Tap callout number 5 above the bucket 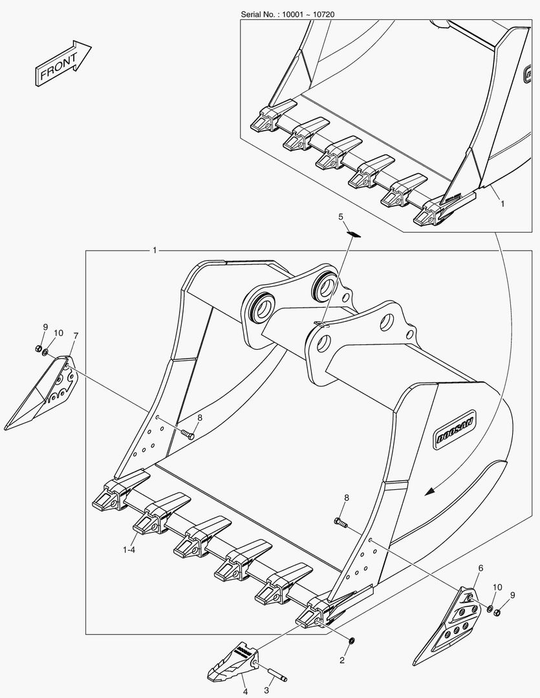tap(341, 217)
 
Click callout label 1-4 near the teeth tap(129, 550)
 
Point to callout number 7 tap(76, 335)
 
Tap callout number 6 tap(481, 568)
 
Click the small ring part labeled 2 tap(351, 640)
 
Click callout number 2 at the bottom tap(341, 660)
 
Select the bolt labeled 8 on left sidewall tap(188, 434)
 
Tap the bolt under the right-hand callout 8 tap(340, 522)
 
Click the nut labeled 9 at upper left tap(38, 348)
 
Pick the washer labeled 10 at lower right tap(490, 609)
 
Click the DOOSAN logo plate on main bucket tap(455, 430)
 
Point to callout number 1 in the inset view tap(502, 204)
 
